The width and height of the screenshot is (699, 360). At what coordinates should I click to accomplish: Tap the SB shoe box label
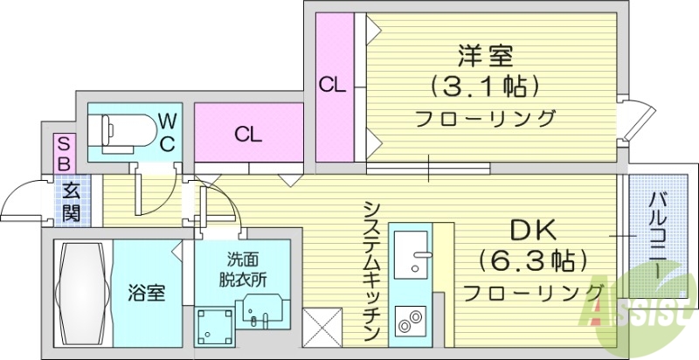tap(64, 152)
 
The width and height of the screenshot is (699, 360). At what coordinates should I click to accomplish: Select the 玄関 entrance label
tap(71, 201)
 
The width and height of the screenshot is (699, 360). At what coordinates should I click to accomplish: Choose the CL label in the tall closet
tap(333, 85)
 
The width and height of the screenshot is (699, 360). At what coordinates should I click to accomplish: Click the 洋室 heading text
tap(483, 56)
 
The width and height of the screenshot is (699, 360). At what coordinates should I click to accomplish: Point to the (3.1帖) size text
tap(483, 86)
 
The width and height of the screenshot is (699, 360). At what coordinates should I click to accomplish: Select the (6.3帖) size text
tap(532, 260)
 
